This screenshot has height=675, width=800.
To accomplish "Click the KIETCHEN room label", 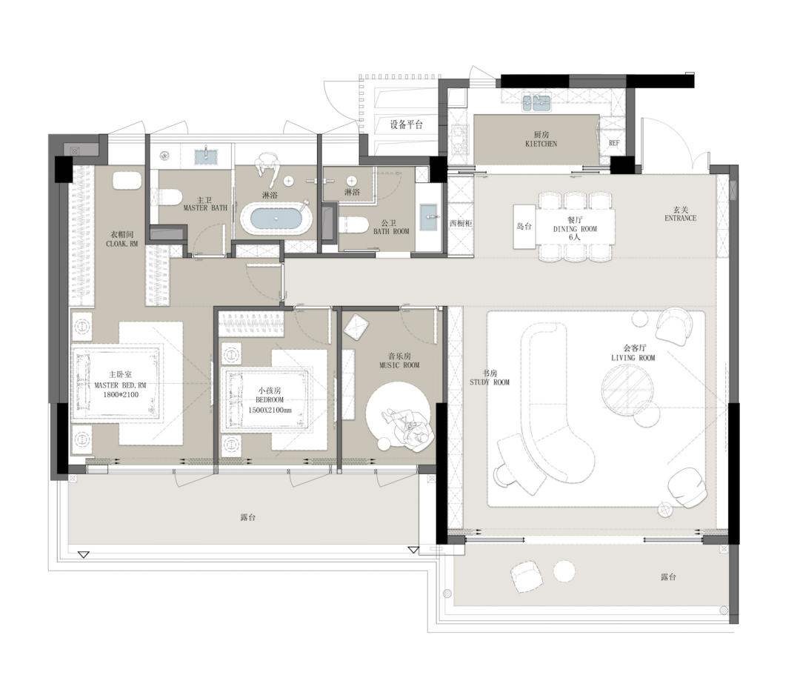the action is pyautogui.click(x=541, y=144).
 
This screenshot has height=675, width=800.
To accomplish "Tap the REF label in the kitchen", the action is pyautogui.click(x=614, y=143).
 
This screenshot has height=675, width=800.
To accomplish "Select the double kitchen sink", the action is pyautogui.click(x=536, y=103).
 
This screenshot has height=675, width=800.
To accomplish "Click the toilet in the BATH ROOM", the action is pyautogui.click(x=353, y=224).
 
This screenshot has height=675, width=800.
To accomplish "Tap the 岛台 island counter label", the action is pyautogui.click(x=524, y=226).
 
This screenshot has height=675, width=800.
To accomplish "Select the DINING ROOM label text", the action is pyautogui.click(x=575, y=229).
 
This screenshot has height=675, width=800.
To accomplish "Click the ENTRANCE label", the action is pyautogui.click(x=680, y=218).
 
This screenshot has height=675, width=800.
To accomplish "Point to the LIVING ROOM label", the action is pyautogui.click(x=633, y=358).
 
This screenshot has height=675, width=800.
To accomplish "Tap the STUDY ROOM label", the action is pyautogui.click(x=490, y=382).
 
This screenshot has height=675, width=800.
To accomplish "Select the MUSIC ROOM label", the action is pyautogui.click(x=399, y=365).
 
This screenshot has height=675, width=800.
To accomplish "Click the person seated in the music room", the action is pyautogui.click(x=410, y=428).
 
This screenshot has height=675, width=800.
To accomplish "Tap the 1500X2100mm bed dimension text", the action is pyautogui.click(x=270, y=410).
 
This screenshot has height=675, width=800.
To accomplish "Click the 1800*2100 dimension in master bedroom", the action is pyautogui.click(x=121, y=394).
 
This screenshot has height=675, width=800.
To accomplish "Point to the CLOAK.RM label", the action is pyautogui.click(x=122, y=244).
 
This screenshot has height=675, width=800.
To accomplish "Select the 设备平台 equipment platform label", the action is pyautogui.click(x=407, y=124).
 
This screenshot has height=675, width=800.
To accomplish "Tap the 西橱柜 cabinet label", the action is pyautogui.click(x=461, y=224).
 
